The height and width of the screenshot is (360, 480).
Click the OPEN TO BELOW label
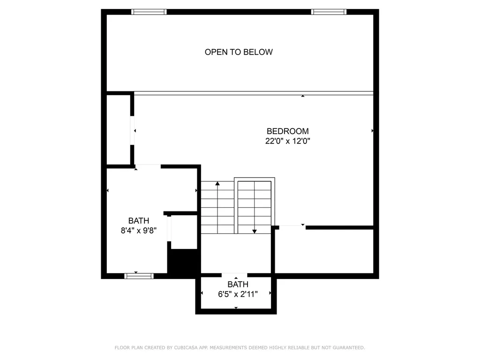click(x=239, y=52)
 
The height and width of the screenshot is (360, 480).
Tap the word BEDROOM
click(x=287, y=131)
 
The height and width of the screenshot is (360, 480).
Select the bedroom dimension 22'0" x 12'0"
click(x=287, y=141)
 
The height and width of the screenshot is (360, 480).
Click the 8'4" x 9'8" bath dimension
click(x=139, y=230)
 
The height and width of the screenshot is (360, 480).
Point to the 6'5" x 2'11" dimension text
click(x=238, y=294)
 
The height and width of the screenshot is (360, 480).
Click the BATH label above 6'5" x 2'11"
click(x=238, y=285)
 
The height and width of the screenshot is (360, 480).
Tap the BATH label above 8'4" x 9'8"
click(x=139, y=221)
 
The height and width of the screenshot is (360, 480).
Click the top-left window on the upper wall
click(x=149, y=12)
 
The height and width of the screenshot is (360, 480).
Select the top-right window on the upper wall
click(x=329, y=12)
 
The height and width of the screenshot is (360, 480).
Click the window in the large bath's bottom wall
click(x=139, y=276)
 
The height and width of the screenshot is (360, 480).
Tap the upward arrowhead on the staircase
click(x=217, y=183)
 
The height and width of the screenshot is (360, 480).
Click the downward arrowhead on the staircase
click(x=255, y=232)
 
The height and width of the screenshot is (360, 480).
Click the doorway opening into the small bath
click(x=234, y=275)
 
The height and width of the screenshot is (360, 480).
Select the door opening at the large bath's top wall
click(x=148, y=166)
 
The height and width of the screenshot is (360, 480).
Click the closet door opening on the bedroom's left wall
click(x=132, y=130)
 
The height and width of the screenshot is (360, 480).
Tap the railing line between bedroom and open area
click(x=254, y=93)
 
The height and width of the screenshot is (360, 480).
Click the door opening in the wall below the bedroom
click(x=292, y=227)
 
